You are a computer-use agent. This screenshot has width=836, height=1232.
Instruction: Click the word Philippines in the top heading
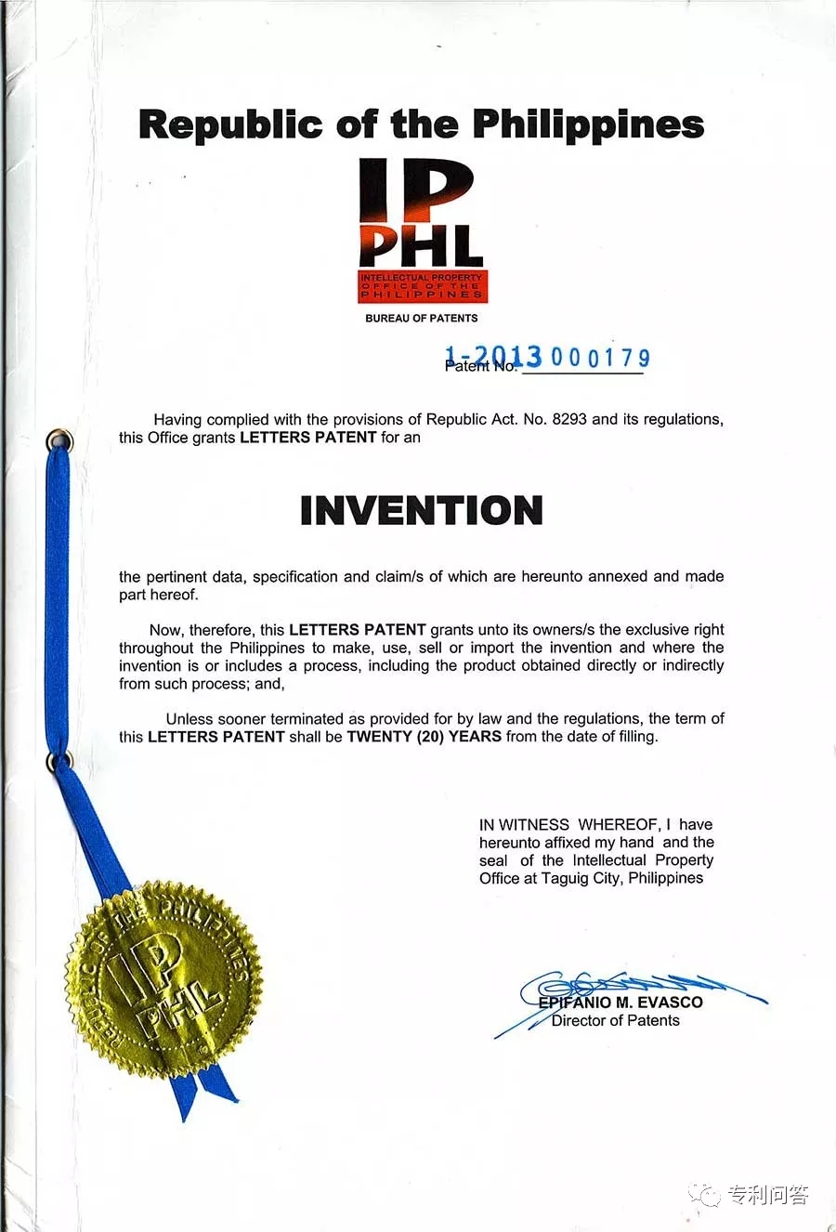(x=588, y=125)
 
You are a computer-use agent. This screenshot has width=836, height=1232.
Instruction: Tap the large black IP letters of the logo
(x=415, y=191)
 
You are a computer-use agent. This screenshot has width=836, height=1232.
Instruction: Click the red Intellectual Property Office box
(x=423, y=286)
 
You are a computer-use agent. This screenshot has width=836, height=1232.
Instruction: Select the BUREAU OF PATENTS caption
(x=421, y=318)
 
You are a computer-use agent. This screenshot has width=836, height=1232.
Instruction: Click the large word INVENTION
(x=421, y=510)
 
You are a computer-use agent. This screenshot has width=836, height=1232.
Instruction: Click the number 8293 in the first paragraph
(x=569, y=419)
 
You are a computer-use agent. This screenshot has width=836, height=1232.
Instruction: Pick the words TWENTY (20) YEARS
(x=424, y=736)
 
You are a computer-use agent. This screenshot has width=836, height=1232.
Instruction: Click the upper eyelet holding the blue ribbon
(x=59, y=439)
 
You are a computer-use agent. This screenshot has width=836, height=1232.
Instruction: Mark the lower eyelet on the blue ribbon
(x=59, y=762)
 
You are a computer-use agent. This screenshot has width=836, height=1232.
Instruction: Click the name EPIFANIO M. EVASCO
(x=620, y=1002)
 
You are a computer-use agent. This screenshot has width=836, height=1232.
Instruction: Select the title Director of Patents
(x=615, y=1020)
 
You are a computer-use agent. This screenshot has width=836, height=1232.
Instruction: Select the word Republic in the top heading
(x=230, y=125)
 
